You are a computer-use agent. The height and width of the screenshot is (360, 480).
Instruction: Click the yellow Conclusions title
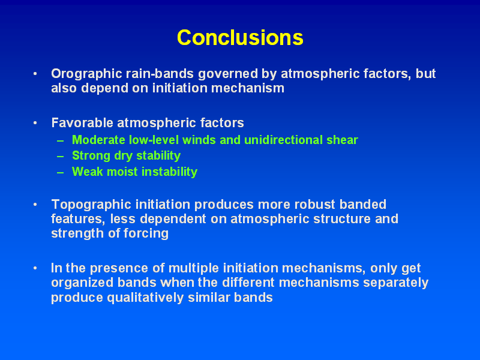(x=240, y=38)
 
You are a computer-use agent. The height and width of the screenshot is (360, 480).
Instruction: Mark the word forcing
(x=146, y=233)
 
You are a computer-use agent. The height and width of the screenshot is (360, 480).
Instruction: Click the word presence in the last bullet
(x=119, y=268)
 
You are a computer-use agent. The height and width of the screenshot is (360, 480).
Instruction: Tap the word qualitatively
(x=145, y=298)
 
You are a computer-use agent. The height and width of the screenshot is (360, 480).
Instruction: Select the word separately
(x=395, y=283)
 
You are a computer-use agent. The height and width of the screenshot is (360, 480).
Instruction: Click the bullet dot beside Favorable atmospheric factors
(x=35, y=123)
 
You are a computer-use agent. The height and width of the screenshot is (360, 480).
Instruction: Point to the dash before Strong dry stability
(x=61, y=157)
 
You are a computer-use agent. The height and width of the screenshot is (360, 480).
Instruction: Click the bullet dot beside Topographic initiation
(x=35, y=205)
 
